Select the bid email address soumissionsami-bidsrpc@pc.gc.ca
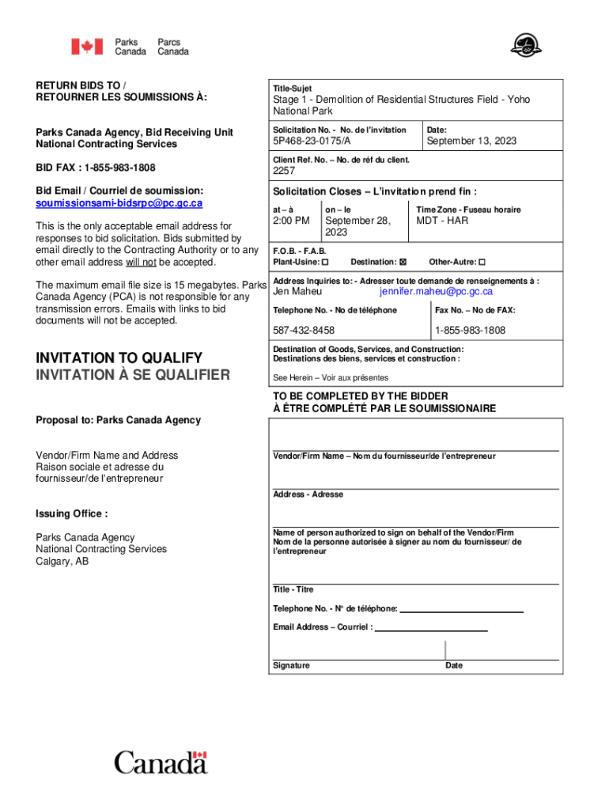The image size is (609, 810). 119,203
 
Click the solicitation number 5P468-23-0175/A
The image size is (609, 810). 312,141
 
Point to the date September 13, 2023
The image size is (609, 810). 471,141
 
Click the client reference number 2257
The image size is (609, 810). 284,171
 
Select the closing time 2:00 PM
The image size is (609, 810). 291,221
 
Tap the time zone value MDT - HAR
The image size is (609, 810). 442,221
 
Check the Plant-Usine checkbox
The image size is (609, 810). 325,262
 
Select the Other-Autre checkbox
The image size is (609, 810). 482,262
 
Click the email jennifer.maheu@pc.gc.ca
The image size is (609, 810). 436,292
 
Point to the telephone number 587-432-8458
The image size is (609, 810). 304,330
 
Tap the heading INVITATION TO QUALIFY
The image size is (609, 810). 119,358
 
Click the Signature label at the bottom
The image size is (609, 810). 291,666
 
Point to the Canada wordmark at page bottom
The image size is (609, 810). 161,763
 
